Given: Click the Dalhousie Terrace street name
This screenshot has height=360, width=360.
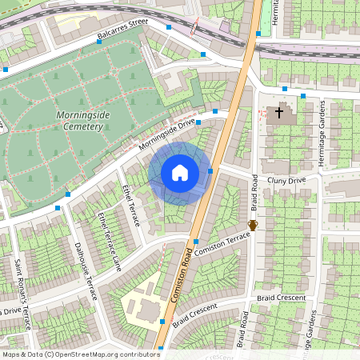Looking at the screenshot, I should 85,271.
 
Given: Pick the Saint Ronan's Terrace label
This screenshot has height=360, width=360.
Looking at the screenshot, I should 22,299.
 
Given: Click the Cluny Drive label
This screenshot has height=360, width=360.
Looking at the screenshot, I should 286,181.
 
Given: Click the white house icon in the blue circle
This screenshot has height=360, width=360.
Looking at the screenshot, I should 180,172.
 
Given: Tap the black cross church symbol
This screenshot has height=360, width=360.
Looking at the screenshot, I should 279,112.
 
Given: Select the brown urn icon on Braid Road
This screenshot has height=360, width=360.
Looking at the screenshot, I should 253,226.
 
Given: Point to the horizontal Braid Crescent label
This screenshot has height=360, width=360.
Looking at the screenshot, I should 282,298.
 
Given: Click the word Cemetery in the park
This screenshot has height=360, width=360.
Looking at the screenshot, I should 85,127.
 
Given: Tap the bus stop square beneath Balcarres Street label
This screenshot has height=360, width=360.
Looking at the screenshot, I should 98,42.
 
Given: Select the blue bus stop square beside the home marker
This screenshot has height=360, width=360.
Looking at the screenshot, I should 210,170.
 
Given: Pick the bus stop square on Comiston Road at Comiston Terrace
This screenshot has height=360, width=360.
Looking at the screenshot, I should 195,242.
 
